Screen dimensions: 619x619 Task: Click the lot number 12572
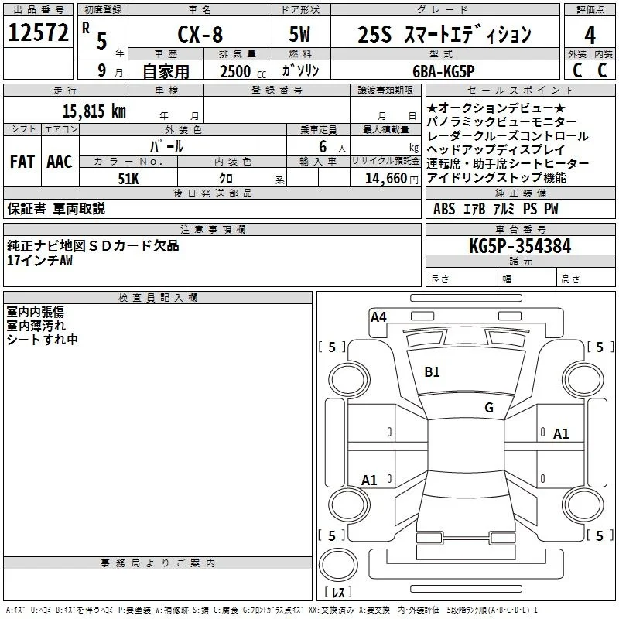pos(38,32)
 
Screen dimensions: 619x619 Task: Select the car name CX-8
pos(200,34)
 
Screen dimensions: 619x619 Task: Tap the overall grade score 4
pos(590,36)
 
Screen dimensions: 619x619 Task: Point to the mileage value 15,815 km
pos(94,111)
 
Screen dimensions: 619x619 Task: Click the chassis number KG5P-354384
pos(520,246)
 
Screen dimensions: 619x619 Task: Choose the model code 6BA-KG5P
pos(443,71)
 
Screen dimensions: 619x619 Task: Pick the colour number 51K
pos(128,179)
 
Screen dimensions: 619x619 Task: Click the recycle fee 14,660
pos(385,179)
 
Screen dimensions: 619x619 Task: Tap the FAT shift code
pos(22,162)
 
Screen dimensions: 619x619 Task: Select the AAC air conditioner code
pos(60,162)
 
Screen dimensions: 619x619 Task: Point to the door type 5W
pos(299,34)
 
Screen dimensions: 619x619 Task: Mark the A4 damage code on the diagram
pos(378,317)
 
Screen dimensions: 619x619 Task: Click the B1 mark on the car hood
pos(432,372)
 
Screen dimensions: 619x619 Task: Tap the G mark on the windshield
pos(489,408)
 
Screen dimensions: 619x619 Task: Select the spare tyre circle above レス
pos(338,565)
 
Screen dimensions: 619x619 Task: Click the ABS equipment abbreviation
pos(444,209)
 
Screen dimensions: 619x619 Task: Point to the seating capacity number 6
pos(323,146)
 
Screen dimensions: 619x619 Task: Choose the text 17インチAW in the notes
pos(40,261)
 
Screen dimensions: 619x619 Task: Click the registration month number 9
pos(102,70)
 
